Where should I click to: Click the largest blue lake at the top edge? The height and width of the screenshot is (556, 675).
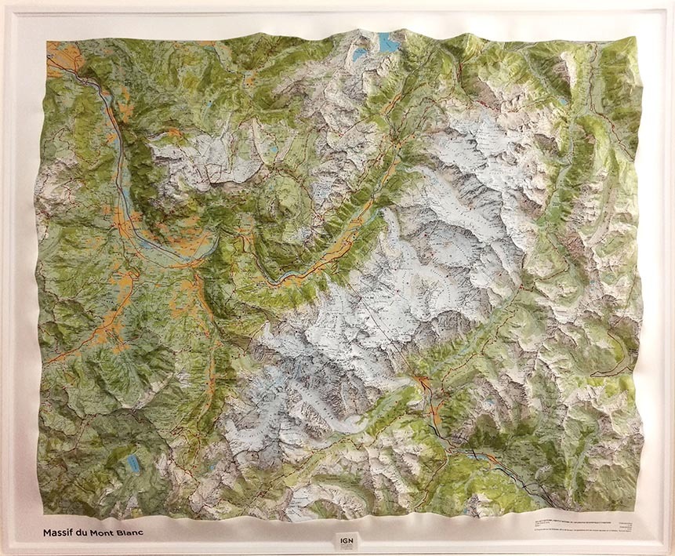point(386,41)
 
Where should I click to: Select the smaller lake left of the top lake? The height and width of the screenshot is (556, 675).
point(359,55)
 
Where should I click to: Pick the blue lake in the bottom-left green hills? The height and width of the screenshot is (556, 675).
point(134,465)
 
